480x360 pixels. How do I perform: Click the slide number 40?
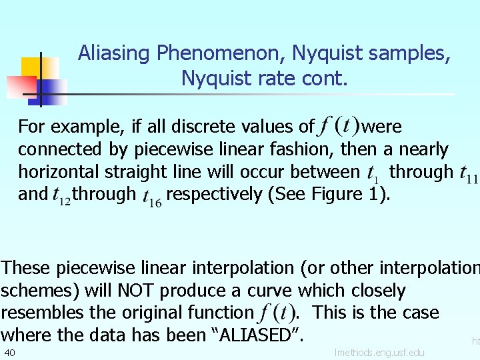pos(9,352)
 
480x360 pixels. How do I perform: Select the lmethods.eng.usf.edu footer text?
pos(379,352)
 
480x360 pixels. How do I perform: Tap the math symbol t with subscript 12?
pos(61,195)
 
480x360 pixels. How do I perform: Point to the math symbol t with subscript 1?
pos(373,173)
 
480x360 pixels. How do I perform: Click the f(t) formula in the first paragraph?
pos(339,125)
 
